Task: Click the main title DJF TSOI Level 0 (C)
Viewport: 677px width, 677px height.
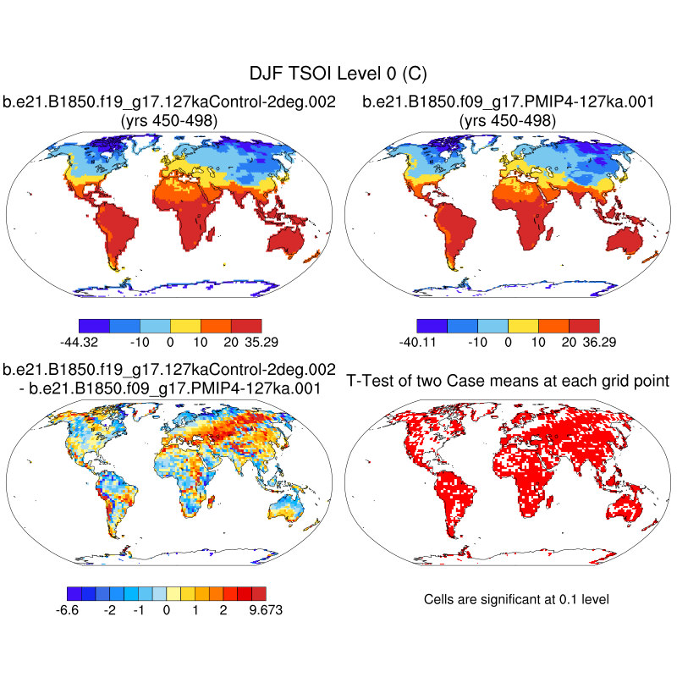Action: pos(338,74)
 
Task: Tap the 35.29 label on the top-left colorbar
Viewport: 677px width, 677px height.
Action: pos(261,342)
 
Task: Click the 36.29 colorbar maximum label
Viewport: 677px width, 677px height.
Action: pos(599,342)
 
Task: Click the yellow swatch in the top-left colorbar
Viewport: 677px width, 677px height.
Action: pos(185,325)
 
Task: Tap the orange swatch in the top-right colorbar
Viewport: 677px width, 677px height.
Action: pos(553,325)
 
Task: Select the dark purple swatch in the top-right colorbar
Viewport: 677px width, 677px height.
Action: pos(432,325)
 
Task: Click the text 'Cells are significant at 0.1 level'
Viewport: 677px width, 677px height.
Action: pos(516,599)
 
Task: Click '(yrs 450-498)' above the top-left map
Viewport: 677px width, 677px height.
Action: pos(169,121)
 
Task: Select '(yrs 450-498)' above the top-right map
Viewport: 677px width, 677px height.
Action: pos(508,121)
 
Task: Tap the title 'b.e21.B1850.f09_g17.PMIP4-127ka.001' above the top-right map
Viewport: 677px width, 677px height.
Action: pos(508,102)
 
